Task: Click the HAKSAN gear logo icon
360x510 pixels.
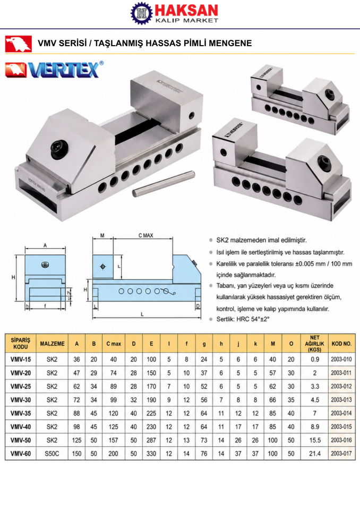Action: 141,13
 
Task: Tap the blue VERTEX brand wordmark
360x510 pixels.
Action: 63,69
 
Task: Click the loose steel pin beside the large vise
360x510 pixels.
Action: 164,184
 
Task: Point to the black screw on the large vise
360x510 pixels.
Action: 60,149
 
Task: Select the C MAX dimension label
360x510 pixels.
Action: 145,235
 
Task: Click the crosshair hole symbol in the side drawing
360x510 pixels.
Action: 103,267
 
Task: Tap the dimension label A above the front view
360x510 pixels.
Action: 45,245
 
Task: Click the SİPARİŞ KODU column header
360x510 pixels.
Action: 21,343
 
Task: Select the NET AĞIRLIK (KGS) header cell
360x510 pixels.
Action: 314,344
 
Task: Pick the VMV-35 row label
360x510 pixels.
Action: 21,413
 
